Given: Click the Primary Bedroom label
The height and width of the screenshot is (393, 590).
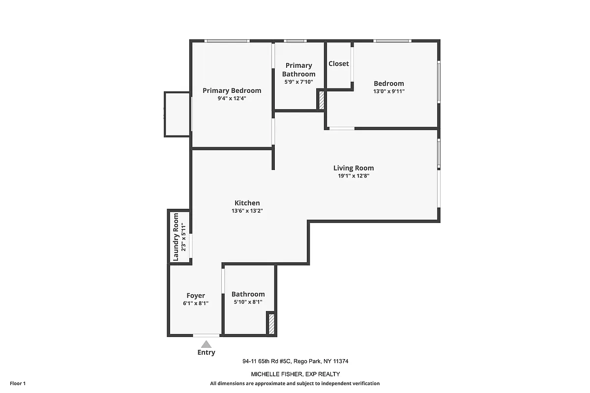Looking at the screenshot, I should pos(232,90).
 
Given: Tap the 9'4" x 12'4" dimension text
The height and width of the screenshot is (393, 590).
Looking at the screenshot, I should pos(232,98).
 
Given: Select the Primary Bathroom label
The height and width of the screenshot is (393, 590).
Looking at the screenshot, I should pos(298,70).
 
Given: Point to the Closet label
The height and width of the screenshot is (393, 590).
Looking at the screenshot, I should pos(339,63).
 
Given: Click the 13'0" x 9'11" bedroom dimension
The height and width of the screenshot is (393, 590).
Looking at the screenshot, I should pos(389,91).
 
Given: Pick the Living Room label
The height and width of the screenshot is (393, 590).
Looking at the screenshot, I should pos(354,168).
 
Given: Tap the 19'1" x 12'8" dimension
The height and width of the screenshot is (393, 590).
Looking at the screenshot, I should pos(354,176).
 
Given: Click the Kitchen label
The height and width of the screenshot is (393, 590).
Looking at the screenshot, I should pos(247,203).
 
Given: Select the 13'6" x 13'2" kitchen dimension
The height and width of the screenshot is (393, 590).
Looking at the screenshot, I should pos(247,211).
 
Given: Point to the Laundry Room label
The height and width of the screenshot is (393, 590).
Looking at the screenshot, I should pos(176,237).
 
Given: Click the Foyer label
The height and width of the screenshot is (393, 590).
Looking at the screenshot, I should pos(196,296).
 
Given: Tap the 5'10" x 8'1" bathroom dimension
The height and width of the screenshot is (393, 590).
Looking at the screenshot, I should pos(248,302).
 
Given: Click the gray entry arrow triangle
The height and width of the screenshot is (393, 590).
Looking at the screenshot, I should pos(206,344).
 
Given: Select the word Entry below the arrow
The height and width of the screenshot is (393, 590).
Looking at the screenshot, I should pos(206,352).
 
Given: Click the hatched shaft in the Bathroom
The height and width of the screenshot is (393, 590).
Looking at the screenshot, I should pos(270,324).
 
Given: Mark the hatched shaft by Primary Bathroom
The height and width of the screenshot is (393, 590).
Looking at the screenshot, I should pos(321,100).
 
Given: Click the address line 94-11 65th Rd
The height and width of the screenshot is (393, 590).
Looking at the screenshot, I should pos(295,361).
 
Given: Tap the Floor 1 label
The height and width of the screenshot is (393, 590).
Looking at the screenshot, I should pos(17,383).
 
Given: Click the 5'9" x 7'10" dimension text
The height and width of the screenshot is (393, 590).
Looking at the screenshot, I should pos(298,82).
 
